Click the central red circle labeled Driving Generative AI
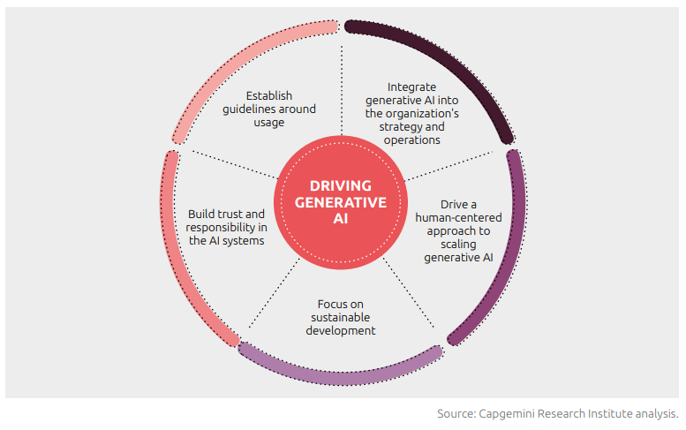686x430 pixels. tap(341, 202)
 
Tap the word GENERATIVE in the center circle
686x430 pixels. tap(341, 201)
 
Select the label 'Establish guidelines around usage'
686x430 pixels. tap(269, 109)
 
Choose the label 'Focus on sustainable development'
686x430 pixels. tap(341, 317)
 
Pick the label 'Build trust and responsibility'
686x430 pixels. tap(226, 227)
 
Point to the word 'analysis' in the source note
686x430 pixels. tap(655, 413)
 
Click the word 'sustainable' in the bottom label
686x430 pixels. tap(341, 317)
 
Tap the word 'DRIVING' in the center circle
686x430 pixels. tap(341, 185)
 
